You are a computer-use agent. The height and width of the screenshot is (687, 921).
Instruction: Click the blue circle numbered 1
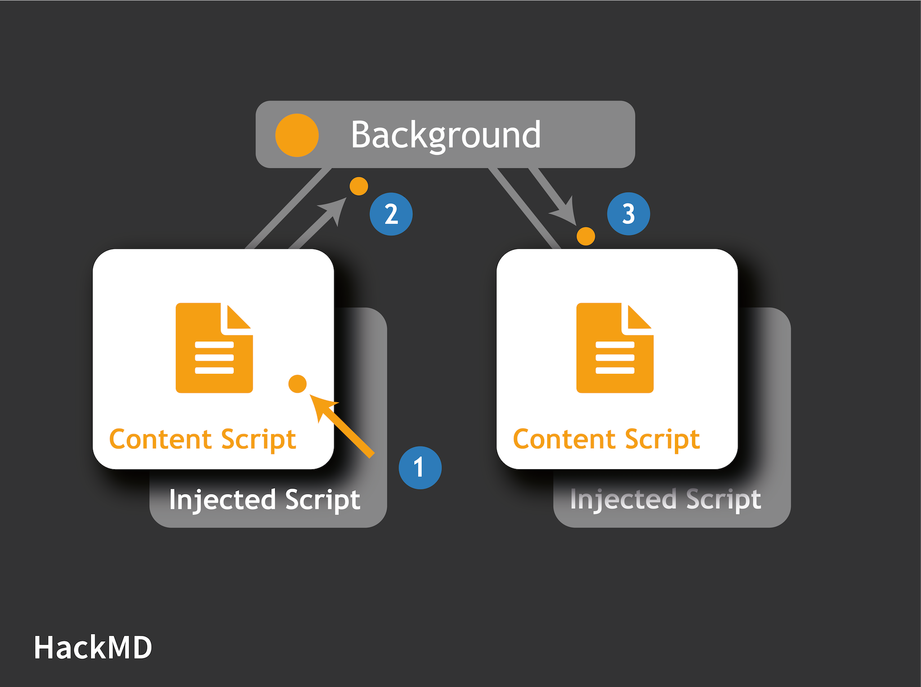(x=420, y=467)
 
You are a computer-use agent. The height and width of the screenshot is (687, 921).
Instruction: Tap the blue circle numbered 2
(x=391, y=214)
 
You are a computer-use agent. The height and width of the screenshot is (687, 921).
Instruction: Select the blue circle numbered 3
(x=628, y=214)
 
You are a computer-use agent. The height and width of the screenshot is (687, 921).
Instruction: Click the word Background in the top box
(x=445, y=135)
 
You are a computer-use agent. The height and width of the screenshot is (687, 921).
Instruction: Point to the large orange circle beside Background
(x=297, y=135)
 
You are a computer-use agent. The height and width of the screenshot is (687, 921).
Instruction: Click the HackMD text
(x=93, y=648)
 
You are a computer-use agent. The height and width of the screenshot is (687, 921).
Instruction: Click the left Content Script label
(x=202, y=439)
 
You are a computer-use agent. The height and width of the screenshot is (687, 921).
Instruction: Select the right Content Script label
(x=606, y=439)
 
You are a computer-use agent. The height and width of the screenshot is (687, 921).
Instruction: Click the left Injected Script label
(x=264, y=499)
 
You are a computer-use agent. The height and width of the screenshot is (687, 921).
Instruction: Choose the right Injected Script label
(x=666, y=499)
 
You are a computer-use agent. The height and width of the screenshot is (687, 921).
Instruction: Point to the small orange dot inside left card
(x=297, y=384)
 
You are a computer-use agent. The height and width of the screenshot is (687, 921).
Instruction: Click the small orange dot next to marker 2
(x=359, y=186)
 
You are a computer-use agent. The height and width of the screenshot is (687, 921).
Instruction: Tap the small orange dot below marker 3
(x=586, y=236)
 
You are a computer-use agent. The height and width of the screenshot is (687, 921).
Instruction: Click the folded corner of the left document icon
(x=237, y=318)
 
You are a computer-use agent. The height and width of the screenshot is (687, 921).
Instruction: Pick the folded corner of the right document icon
(x=638, y=318)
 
